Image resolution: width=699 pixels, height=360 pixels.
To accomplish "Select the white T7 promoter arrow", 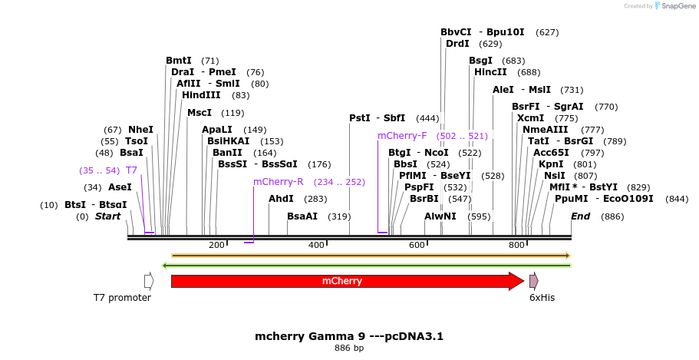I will pos(149,281).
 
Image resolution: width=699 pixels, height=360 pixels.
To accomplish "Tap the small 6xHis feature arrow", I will pos(533,281).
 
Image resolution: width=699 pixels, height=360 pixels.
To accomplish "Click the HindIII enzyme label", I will pos(200,95).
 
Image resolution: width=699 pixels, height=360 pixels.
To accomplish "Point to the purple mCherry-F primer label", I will pos(401,136).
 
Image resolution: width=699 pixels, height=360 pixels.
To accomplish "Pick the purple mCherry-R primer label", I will pos(279,182).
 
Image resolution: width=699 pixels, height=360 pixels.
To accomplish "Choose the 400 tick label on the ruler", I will pos(316,245).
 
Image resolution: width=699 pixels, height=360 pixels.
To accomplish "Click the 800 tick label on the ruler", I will pos(516,245).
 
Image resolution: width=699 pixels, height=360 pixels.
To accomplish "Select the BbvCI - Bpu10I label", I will pos(482,32).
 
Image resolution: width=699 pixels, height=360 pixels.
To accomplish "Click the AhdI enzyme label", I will pos(282,199).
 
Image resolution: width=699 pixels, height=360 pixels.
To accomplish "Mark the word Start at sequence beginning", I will pos(107,216).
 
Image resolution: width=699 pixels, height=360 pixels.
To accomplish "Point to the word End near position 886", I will pos(580,216).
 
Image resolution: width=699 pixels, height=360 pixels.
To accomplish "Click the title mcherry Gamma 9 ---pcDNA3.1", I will pos(349,336).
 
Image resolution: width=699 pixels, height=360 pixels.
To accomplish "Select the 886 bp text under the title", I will pos(349,348).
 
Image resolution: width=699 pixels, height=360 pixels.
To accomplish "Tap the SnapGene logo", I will pos(673,6).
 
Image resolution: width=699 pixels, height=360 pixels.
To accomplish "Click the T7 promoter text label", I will pos(122,298).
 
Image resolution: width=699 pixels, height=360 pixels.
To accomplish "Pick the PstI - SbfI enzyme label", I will pos(377,118).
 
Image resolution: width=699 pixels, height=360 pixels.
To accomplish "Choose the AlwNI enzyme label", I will pos(440,216).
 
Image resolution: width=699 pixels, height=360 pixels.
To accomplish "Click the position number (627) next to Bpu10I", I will pos(547,32).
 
